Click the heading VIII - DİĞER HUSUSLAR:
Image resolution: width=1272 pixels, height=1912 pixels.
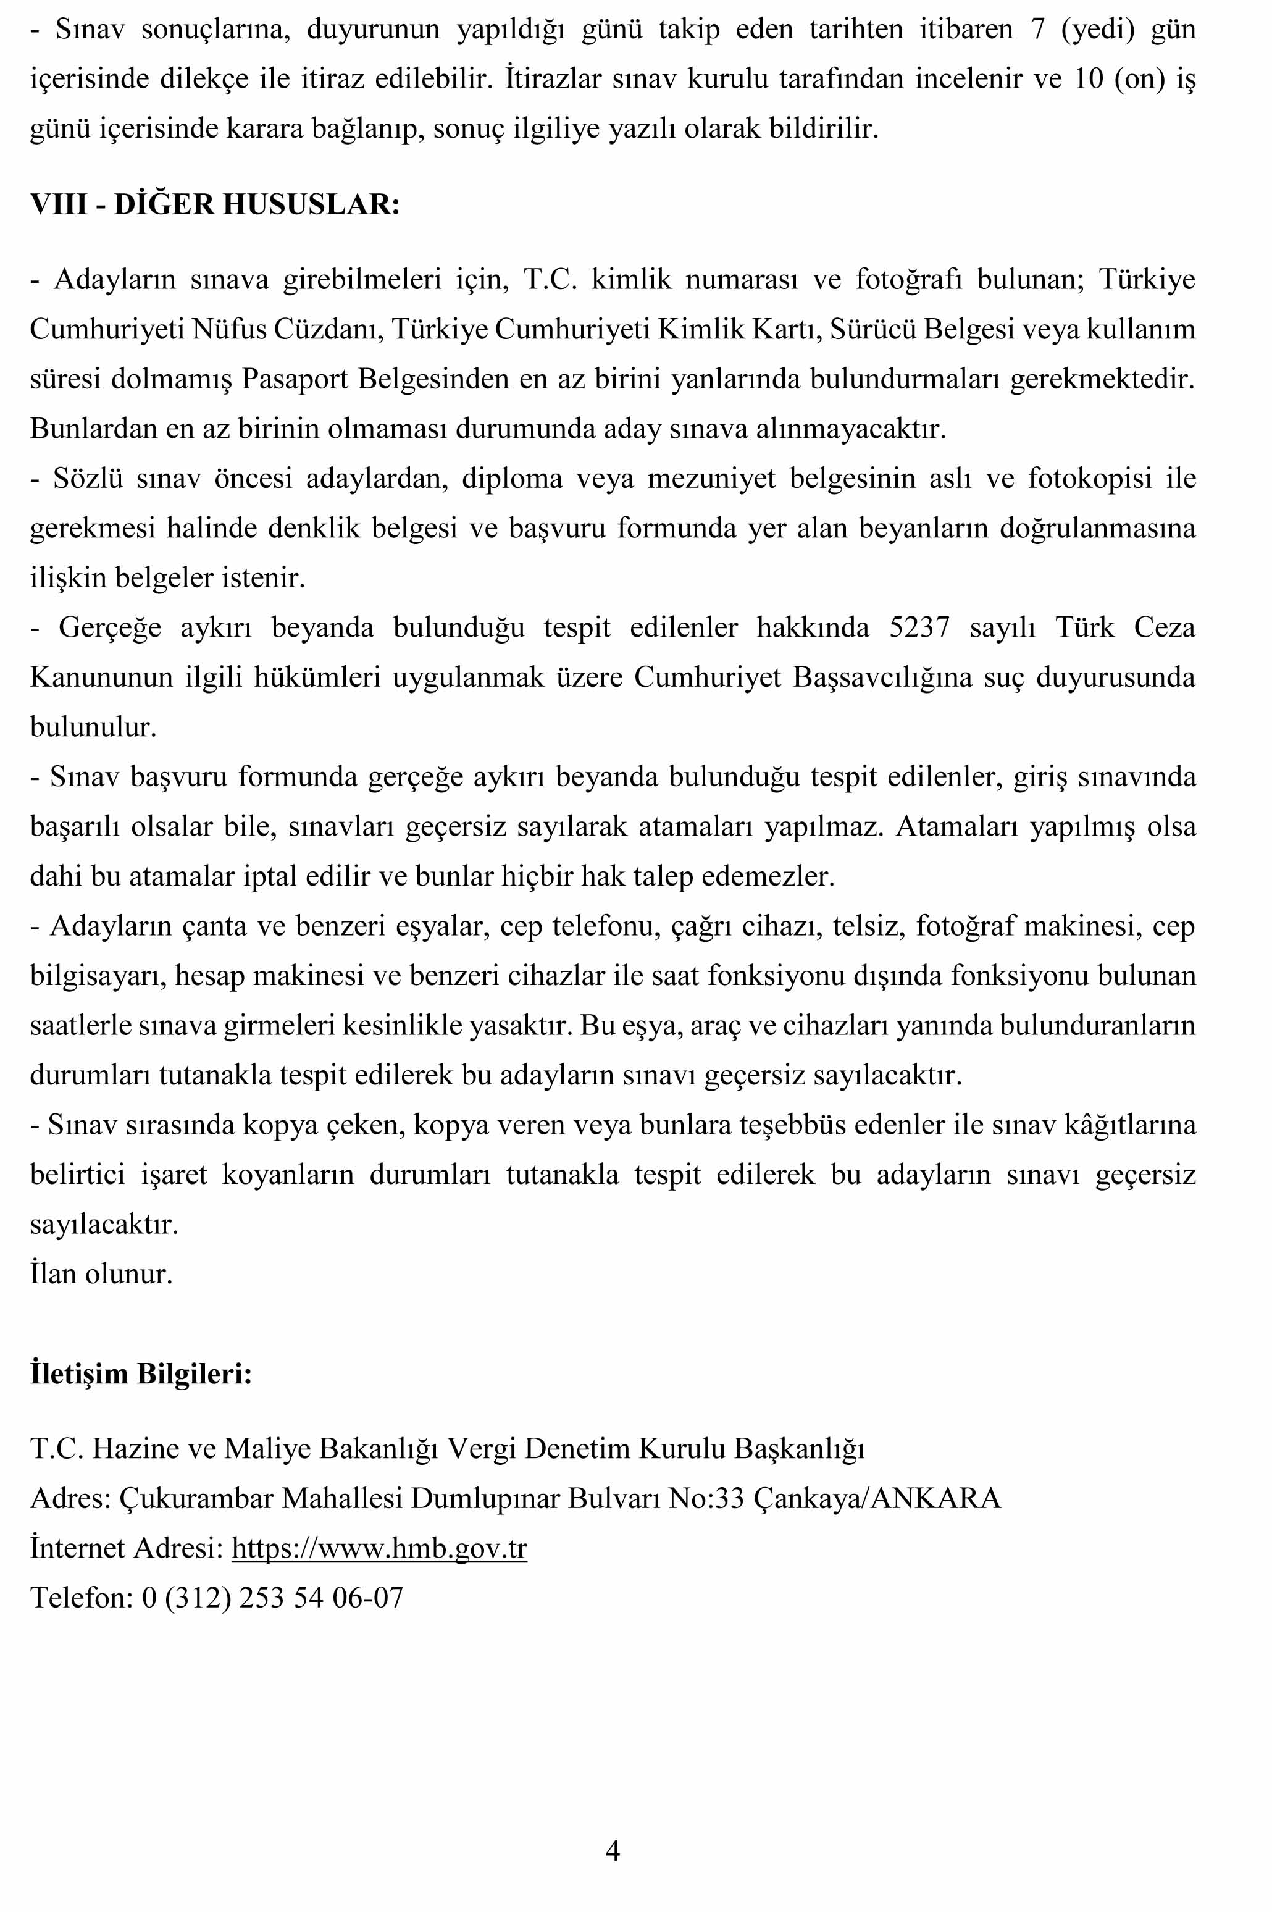215,204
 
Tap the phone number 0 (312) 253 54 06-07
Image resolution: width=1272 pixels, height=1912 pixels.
272,1598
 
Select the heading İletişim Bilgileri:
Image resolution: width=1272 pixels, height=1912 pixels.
141,1374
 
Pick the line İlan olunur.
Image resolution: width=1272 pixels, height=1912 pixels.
101,1273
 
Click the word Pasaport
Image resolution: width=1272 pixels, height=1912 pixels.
295,379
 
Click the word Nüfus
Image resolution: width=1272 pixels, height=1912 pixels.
228,329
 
